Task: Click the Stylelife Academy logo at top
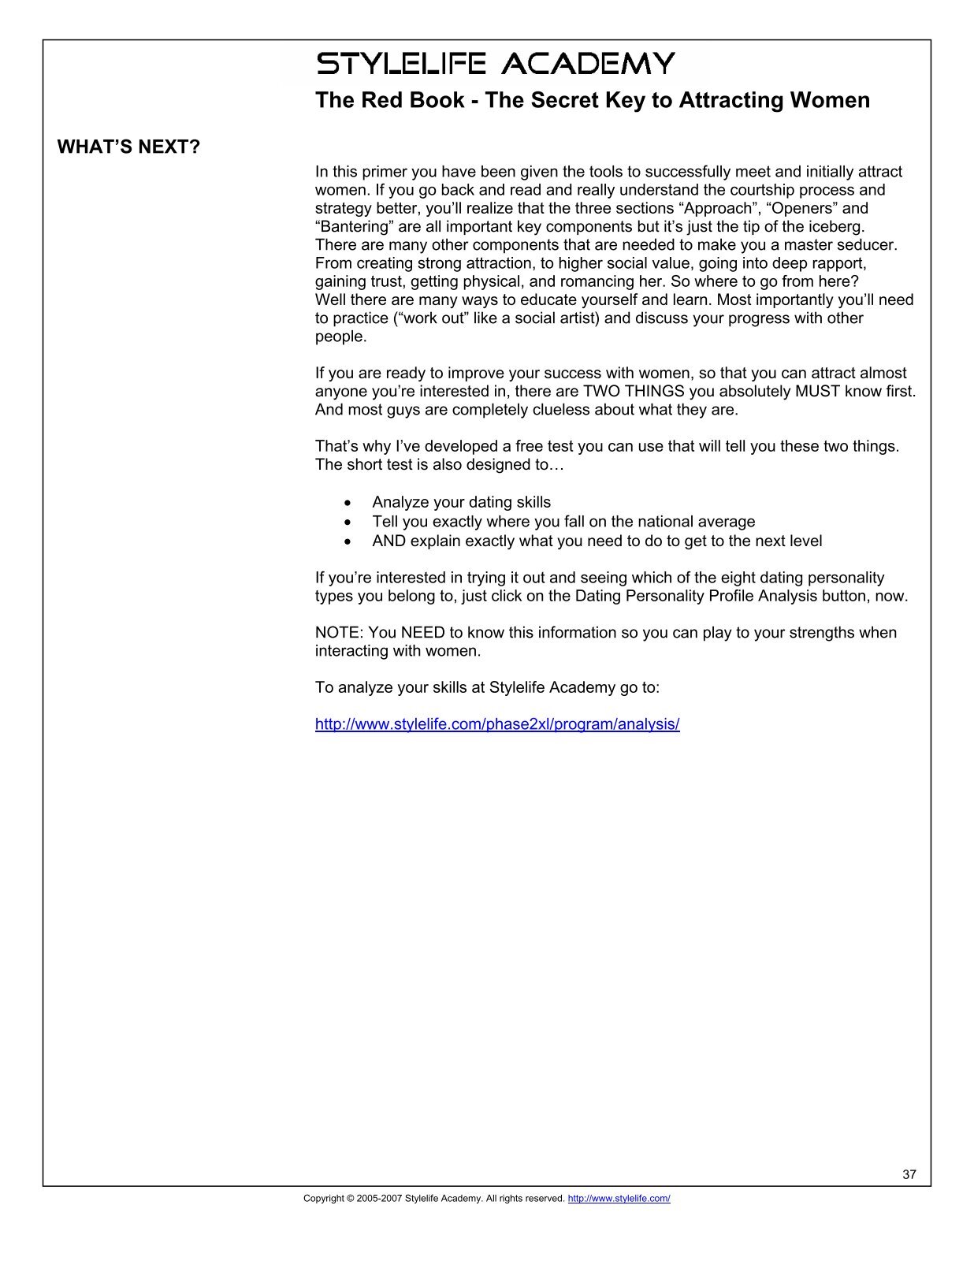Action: tap(495, 63)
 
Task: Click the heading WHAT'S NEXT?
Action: tap(128, 147)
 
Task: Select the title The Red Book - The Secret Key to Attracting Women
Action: tap(592, 101)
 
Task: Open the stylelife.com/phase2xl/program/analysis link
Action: tap(496, 724)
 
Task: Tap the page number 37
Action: tap(909, 1174)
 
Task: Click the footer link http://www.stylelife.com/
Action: tap(619, 1199)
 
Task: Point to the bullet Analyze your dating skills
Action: tap(461, 503)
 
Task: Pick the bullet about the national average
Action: tap(563, 522)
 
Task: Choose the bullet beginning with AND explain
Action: tap(597, 541)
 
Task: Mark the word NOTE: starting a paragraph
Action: tap(338, 633)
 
